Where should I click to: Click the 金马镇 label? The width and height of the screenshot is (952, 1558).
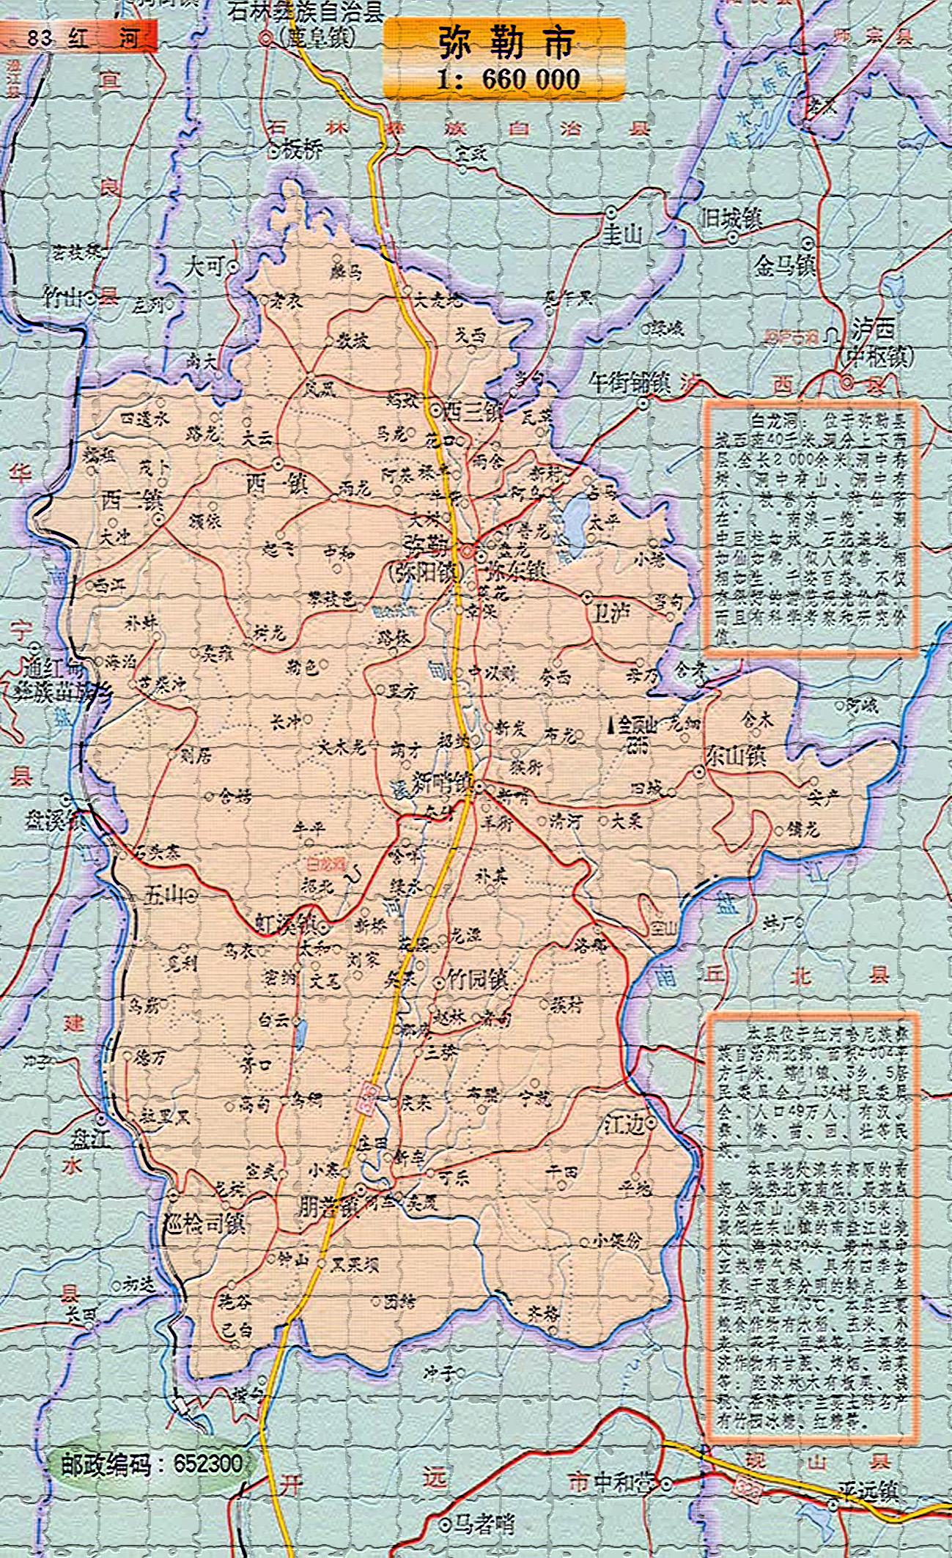click(785, 266)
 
